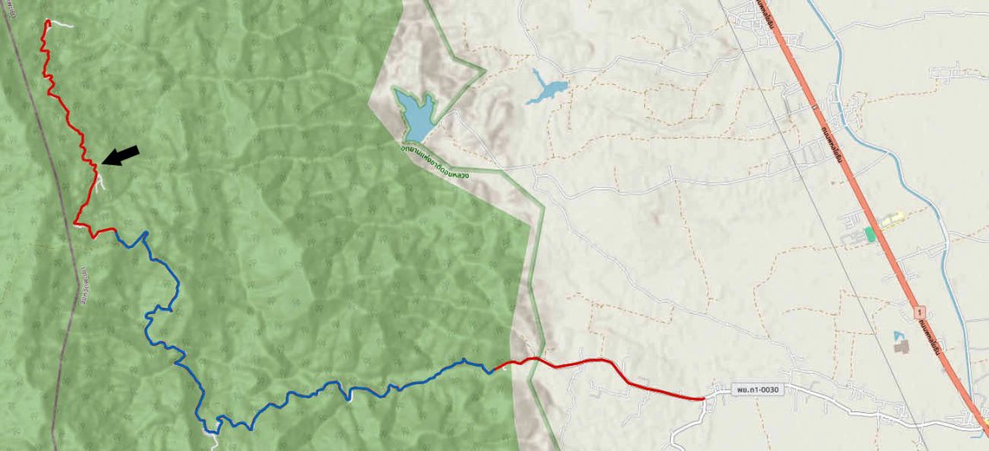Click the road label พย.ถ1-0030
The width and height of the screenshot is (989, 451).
[757, 390]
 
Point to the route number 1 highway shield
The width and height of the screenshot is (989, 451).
[920, 310]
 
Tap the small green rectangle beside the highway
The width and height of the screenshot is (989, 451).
[870, 233]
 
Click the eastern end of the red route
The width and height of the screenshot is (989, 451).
[703, 398]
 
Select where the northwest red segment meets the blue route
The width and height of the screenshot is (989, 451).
[115, 230]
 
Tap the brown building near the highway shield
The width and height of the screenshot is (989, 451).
[900, 346]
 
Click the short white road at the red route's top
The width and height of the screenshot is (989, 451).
[62, 24]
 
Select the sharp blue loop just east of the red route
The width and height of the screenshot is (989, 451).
[145, 234]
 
